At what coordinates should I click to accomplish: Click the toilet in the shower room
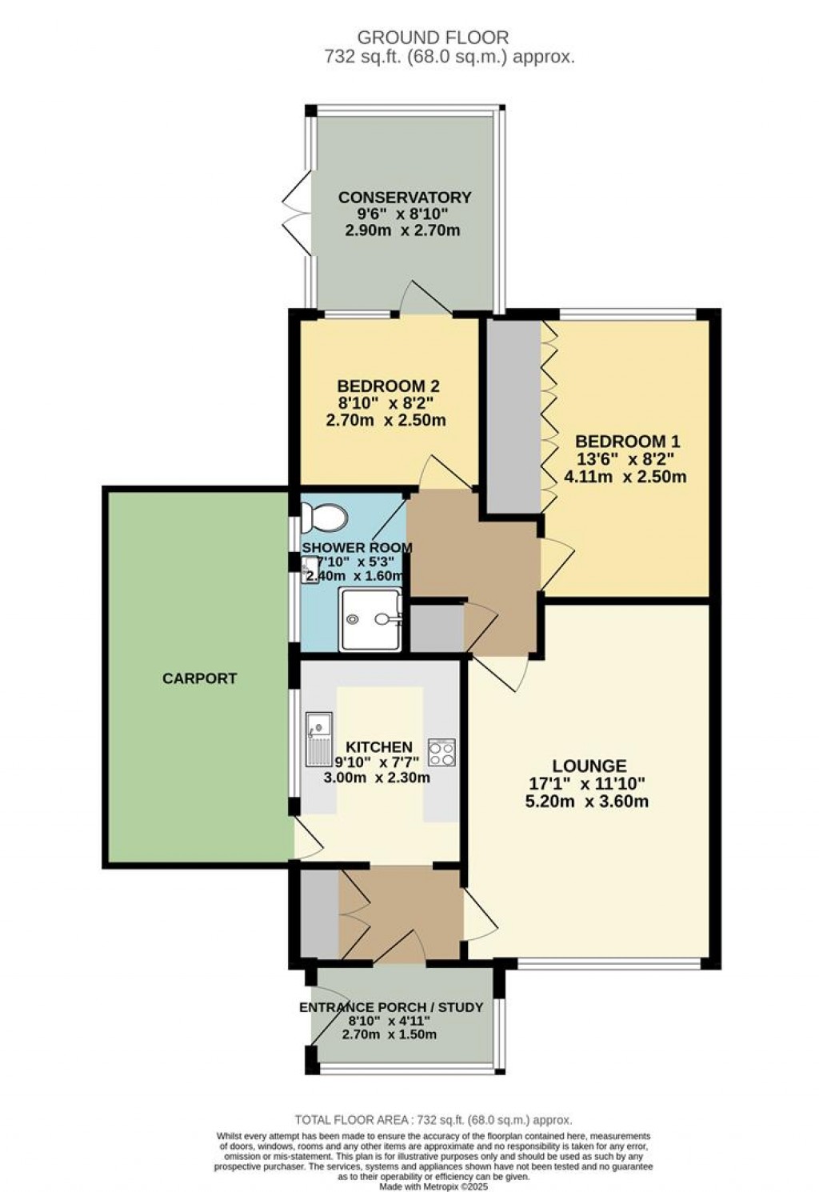pyautogui.click(x=324, y=518)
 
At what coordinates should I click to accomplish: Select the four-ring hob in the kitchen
pyautogui.click(x=442, y=753)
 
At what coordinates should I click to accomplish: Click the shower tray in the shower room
pyautogui.click(x=371, y=619)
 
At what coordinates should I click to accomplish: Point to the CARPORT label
pyautogui.click(x=200, y=678)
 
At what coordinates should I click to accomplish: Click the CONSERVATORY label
pyautogui.click(x=405, y=198)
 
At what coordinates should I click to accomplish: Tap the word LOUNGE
pyautogui.click(x=589, y=766)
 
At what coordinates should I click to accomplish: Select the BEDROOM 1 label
pyautogui.click(x=628, y=441)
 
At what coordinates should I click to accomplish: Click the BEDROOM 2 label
pyautogui.click(x=389, y=386)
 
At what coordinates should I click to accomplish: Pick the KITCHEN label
pyautogui.click(x=379, y=747)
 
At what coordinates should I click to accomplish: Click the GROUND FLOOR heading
pyautogui.click(x=433, y=38)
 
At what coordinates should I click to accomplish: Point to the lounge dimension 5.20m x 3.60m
pyautogui.click(x=587, y=801)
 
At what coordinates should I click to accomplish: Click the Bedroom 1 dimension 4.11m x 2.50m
pyautogui.click(x=625, y=476)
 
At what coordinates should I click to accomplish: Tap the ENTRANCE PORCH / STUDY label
pyautogui.click(x=391, y=1007)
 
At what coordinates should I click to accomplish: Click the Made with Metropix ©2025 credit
pyautogui.click(x=433, y=1186)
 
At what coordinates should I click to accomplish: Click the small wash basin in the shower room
pyautogui.click(x=310, y=570)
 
